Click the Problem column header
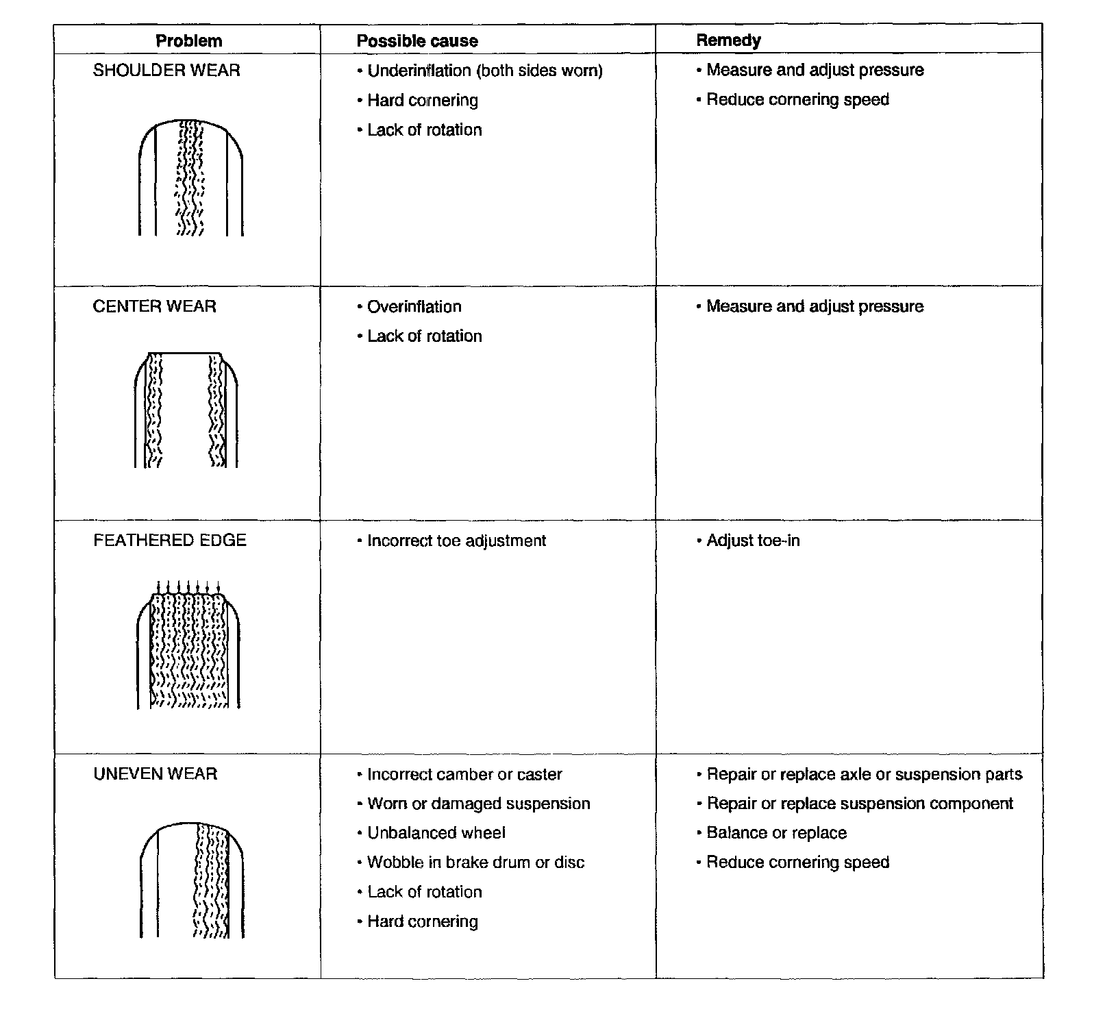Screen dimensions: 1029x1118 click(x=189, y=41)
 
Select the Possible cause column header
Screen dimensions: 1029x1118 click(x=417, y=41)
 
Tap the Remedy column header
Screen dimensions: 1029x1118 click(x=728, y=40)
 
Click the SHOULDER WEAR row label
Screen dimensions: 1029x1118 click(x=166, y=71)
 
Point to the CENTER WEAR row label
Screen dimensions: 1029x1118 click(x=154, y=306)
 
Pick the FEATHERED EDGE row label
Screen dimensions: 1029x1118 click(x=169, y=541)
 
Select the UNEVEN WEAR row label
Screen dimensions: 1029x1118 click(x=155, y=774)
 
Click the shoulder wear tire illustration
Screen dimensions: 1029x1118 click(x=191, y=177)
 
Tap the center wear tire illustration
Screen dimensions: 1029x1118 click(x=186, y=410)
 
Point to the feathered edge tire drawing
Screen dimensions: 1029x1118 click(x=188, y=645)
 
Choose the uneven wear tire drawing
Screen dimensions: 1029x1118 click(x=192, y=880)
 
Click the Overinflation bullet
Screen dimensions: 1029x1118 click(x=414, y=307)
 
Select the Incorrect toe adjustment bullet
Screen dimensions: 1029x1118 click(x=456, y=541)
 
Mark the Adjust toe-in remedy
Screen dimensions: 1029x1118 click(x=753, y=541)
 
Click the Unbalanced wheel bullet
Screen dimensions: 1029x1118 click(x=436, y=833)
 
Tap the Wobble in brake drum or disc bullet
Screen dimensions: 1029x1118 click(x=475, y=863)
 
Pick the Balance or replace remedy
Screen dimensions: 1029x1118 click(x=776, y=833)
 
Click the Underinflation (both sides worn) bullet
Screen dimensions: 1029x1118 click(x=484, y=71)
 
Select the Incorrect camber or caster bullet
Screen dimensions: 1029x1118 click(x=464, y=775)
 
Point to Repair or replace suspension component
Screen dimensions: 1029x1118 click(x=859, y=804)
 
